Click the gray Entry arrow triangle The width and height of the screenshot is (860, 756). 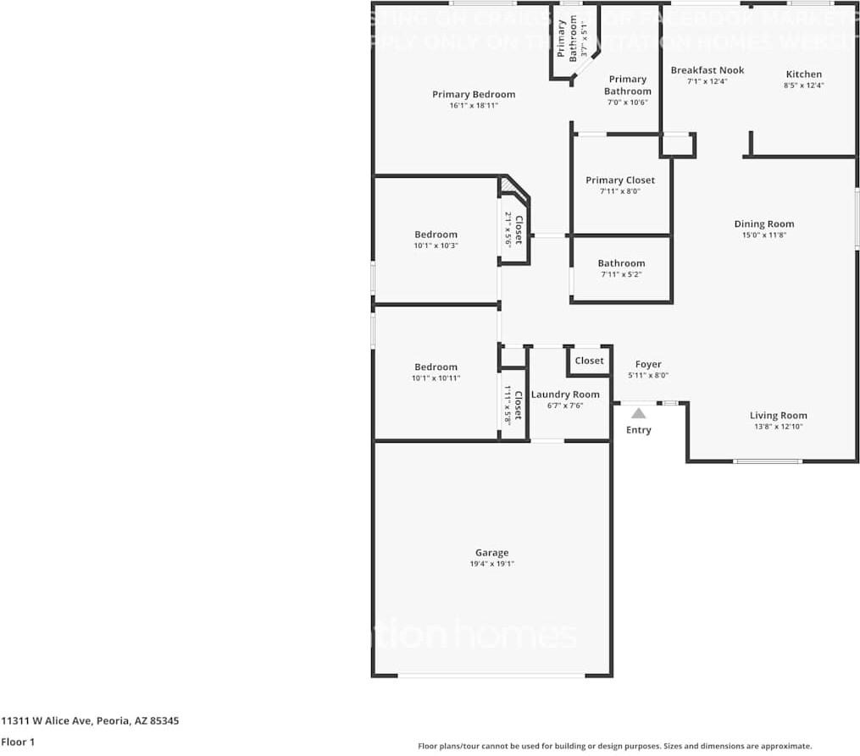[638, 413]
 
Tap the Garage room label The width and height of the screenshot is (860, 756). [491, 553]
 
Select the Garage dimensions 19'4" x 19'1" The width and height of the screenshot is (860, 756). [491, 564]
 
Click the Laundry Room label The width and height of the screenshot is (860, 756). [564, 395]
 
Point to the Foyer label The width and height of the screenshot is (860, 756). [648, 365]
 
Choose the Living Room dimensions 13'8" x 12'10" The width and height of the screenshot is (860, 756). [778, 427]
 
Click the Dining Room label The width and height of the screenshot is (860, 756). [763, 224]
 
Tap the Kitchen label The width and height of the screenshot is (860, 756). [803, 74]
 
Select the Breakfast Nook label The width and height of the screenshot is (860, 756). [707, 70]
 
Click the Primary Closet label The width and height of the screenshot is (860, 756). [620, 180]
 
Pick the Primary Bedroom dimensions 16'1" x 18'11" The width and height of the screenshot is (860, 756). [473, 106]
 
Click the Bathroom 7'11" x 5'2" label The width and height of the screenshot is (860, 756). [621, 263]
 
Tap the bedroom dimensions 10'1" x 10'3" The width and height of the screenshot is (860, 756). [436, 246]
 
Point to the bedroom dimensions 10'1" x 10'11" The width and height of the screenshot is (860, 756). [436, 378]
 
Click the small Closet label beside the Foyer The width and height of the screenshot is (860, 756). [589, 361]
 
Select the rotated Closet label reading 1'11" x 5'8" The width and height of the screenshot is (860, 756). [513, 405]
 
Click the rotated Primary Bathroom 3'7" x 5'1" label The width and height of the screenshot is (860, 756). [573, 38]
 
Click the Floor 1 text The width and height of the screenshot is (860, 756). [17, 742]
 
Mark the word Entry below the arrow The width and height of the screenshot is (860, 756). [638, 430]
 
